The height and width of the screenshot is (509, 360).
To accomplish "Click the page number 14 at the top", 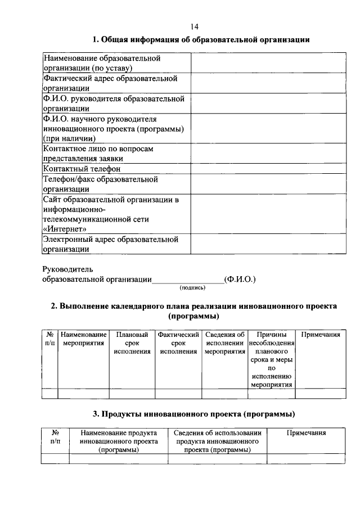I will [x=194, y=26].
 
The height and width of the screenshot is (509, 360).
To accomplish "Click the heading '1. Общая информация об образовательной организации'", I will [x=201, y=39].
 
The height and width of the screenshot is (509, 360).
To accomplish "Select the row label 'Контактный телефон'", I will [x=82, y=169].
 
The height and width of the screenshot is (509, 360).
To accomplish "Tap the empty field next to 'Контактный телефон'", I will [x=268, y=169].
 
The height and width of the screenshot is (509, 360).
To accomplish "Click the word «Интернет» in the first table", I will [x=64, y=229].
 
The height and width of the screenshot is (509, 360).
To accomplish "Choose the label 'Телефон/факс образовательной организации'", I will [x=100, y=184].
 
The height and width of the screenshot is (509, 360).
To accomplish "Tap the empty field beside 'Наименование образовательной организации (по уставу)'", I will [x=268, y=63].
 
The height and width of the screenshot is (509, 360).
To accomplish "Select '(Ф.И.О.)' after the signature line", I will [x=240, y=278].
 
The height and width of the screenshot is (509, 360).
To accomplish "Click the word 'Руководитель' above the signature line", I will [x=68, y=269].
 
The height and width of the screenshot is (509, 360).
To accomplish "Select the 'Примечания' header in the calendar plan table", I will [x=321, y=335].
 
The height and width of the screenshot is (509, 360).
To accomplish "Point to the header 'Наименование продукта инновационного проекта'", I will [x=118, y=442].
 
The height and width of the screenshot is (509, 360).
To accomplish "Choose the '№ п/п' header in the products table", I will [x=56, y=438].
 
